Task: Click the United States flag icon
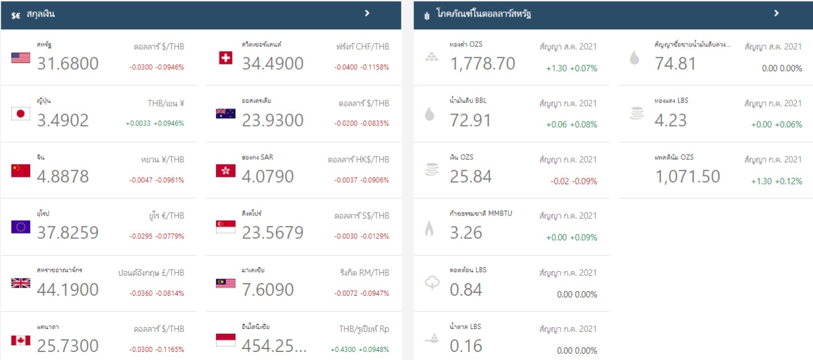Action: click(x=21, y=57)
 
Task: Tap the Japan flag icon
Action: click(x=21, y=114)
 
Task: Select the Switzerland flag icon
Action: click(x=225, y=57)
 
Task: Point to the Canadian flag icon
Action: click(x=21, y=340)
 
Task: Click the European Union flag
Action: click(x=21, y=227)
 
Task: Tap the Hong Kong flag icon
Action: click(x=225, y=170)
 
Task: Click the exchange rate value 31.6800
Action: click(x=68, y=64)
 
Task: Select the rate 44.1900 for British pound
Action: click(x=68, y=290)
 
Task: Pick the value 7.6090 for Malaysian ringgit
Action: click(x=268, y=290)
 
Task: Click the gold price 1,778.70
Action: click(x=482, y=64)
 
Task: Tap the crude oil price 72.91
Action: click(x=470, y=120)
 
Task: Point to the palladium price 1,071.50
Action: click(x=687, y=177)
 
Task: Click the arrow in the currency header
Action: click(x=368, y=13)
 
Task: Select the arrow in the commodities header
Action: click(x=776, y=13)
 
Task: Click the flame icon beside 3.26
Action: click(x=429, y=229)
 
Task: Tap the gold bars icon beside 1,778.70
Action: click(x=431, y=57)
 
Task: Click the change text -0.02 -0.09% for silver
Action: click(x=573, y=181)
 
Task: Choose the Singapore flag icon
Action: click(x=225, y=227)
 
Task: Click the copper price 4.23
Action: click(x=670, y=120)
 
